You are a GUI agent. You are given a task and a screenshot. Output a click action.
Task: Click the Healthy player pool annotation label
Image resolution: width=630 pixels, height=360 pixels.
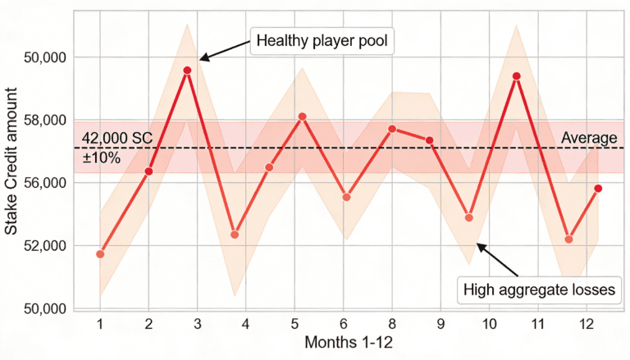click(x=321, y=40)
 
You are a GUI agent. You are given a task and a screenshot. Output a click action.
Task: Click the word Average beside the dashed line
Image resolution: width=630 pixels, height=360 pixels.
click(x=588, y=138)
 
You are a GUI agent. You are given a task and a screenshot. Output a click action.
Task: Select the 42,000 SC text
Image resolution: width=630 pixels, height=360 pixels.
click(x=117, y=138)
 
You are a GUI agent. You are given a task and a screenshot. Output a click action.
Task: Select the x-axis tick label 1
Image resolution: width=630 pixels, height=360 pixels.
click(x=100, y=323)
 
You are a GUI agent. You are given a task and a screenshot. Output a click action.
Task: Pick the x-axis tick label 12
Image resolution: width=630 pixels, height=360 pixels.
click(x=587, y=323)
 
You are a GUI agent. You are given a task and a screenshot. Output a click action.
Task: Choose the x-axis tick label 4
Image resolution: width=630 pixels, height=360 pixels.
click(x=245, y=323)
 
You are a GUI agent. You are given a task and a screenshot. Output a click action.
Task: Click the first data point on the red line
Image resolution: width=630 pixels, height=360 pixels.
click(x=100, y=254)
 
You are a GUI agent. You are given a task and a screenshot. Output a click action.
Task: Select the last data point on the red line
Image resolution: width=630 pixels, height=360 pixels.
click(x=598, y=189)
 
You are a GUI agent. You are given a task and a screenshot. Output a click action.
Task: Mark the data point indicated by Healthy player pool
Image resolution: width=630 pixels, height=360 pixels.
click(x=187, y=71)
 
